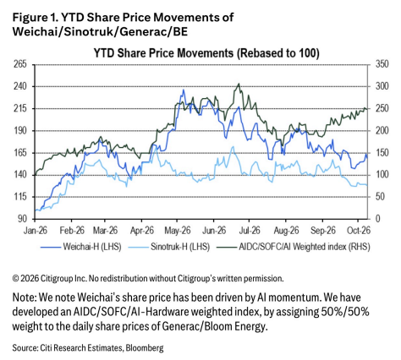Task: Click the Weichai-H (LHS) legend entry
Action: click(x=81, y=247)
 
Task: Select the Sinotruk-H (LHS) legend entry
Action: click(x=169, y=247)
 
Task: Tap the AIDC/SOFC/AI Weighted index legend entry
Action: click(x=294, y=247)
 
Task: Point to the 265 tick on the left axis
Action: click(x=20, y=64)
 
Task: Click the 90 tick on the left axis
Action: click(x=22, y=219)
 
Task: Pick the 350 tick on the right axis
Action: click(x=382, y=64)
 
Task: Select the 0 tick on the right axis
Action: click(x=378, y=219)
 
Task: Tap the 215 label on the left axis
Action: click(x=20, y=108)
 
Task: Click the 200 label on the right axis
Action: click(x=382, y=130)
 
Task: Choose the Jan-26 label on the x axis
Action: click(x=36, y=231)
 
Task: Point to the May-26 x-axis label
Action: click(x=178, y=231)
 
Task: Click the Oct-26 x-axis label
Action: click(x=359, y=231)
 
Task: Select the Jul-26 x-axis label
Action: click(x=250, y=231)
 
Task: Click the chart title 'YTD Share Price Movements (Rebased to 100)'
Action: click(x=206, y=53)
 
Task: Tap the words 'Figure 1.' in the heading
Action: click(x=35, y=18)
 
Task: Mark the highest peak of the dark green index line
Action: click(x=239, y=84)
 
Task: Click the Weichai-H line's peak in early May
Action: click(x=184, y=90)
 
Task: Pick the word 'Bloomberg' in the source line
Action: click(x=145, y=348)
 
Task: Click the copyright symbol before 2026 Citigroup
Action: click(x=16, y=279)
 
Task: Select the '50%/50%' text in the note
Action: click(x=345, y=312)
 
